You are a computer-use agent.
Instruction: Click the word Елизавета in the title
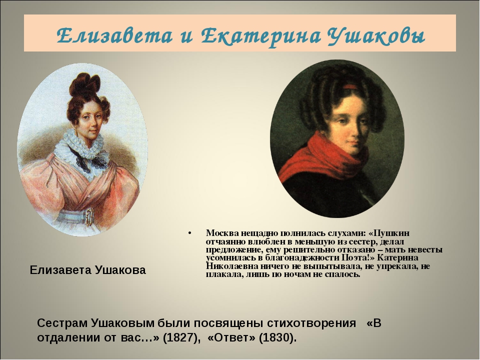(x=114, y=36)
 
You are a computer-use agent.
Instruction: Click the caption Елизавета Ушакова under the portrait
(x=88, y=270)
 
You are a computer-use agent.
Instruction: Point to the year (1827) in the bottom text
(x=181, y=337)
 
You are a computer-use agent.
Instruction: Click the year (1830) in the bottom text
(x=277, y=337)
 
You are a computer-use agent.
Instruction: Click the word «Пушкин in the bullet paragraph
(x=389, y=233)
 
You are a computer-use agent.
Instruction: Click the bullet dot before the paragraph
(x=190, y=234)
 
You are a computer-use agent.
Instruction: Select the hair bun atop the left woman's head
(x=84, y=84)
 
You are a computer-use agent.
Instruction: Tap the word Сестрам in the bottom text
(x=61, y=323)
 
